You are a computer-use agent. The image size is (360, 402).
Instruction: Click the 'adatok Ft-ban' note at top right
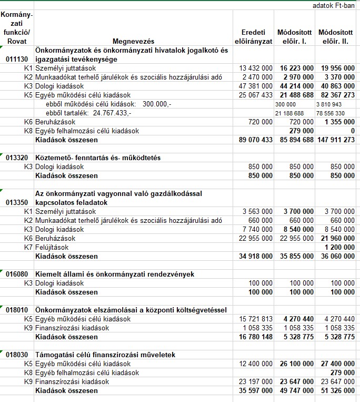tap(334, 5)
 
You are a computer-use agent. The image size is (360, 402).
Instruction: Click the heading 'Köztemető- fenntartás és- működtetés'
tap(98, 158)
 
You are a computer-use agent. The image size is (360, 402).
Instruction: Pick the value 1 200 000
tap(339, 247)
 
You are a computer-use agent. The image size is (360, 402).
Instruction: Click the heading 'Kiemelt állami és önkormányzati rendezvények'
tap(115, 274)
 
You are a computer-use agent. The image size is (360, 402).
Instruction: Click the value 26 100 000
tap(296, 364)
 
